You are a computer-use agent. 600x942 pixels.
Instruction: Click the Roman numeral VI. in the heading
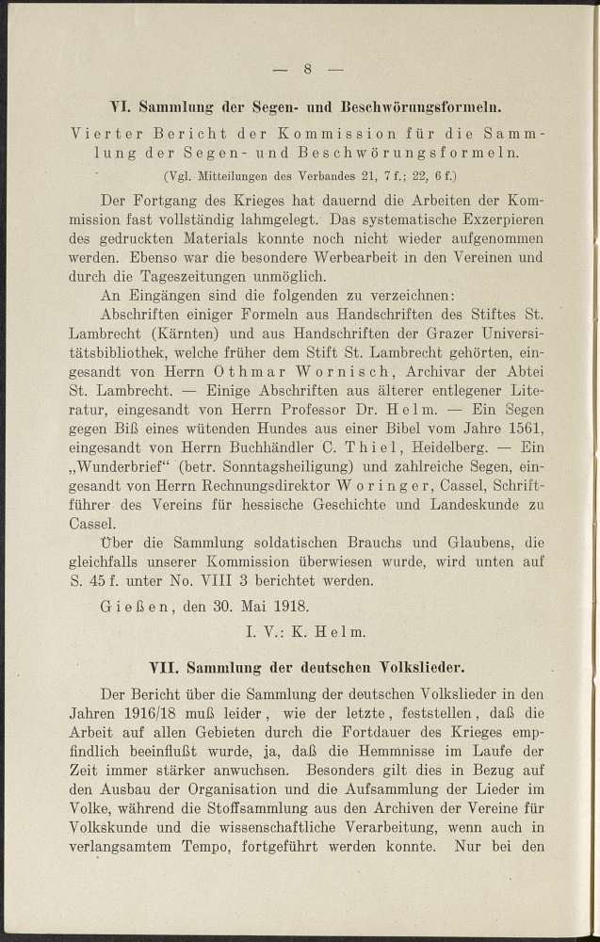click(x=122, y=105)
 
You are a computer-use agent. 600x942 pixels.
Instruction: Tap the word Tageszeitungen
click(x=200, y=276)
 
